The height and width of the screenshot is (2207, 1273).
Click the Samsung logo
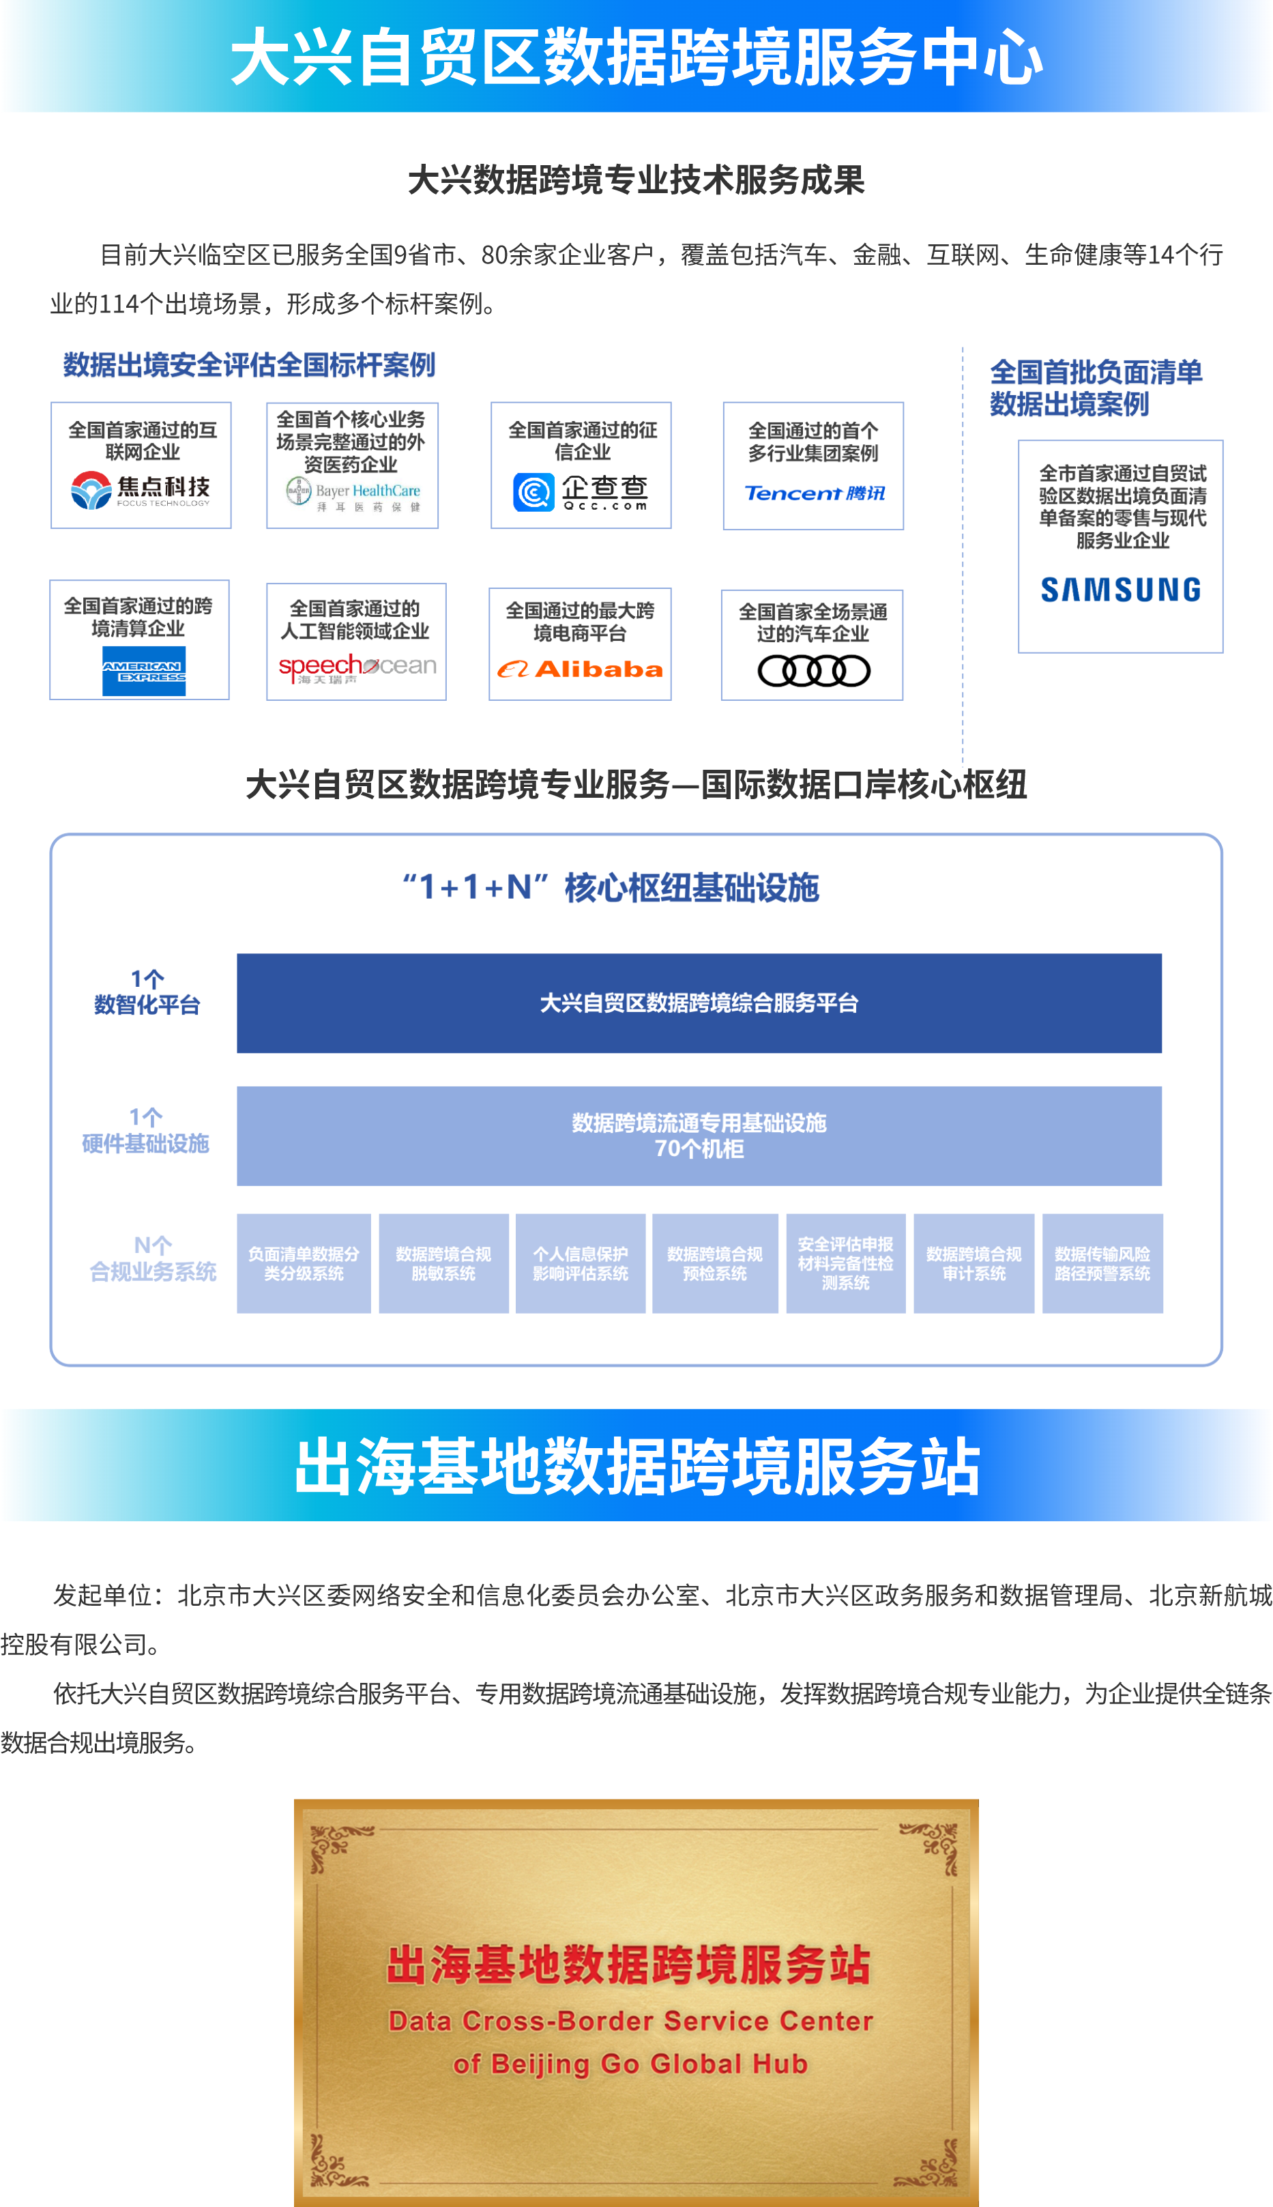pyautogui.click(x=1120, y=590)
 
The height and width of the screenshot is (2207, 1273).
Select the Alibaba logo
pyautogui.click(x=580, y=669)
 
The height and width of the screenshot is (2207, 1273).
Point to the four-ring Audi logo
pyautogui.click(x=813, y=672)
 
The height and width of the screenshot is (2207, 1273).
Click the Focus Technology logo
pyautogui.click(x=141, y=491)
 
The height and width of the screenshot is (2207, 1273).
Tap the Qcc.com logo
pyautogui.click(x=581, y=492)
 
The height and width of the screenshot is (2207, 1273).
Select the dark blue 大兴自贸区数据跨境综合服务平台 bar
pyautogui.click(x=699, y=1003)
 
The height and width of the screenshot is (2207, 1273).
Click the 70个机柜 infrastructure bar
pyautogui.click(x=699, y=1136)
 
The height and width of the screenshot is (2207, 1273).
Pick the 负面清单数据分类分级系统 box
pyautogui.click(x=304, y=1263)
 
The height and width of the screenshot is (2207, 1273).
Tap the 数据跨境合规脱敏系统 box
pyautogui.click(x=443, y=1263)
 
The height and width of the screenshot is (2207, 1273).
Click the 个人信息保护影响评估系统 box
pyautogui.click(x=581, y=1263)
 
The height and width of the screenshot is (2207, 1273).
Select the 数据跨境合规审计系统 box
pyautogui.click(x=974, y=1263)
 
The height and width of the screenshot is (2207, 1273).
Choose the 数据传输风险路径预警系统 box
pyautogui.click(x=1102, y=1263)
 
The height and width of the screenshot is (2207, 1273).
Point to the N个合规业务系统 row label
pyautogui.click(x=152, y=1259)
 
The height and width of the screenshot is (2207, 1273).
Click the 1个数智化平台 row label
pyautogui.click(x=147, y=992)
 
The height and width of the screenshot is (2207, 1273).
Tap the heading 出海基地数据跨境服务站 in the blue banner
pyautogui.click(x=636, y=1467)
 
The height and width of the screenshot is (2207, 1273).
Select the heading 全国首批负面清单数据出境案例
pyautogui.click(x=1096, y=388)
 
